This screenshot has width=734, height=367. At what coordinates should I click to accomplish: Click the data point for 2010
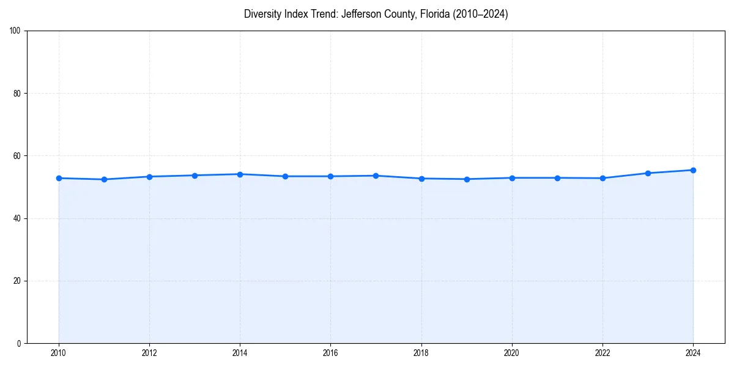59,178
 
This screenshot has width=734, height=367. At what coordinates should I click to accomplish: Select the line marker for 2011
104,179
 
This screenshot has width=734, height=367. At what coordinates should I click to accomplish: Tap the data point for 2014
240,174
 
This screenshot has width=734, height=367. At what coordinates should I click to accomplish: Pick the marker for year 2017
376,176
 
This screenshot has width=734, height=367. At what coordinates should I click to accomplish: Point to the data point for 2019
467,179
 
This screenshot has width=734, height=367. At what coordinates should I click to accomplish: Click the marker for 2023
648,173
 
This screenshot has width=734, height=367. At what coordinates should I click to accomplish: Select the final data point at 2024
693,170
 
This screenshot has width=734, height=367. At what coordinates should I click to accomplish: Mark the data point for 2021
557,178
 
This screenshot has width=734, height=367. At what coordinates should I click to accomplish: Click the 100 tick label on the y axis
16,31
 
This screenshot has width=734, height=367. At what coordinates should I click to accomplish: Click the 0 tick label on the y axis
20,343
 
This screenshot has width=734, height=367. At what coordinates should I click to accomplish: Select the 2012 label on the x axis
149,353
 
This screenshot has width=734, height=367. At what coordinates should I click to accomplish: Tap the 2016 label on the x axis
330,353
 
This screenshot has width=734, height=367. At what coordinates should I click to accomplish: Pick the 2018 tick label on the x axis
421,353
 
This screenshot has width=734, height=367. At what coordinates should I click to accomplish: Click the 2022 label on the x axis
602,353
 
